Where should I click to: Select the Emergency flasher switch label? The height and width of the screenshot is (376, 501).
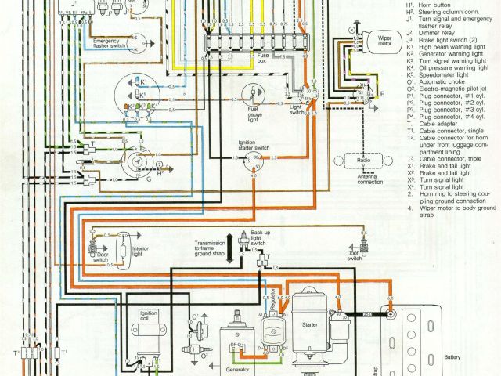(x=111, y=43)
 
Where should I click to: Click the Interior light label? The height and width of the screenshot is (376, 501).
(x=142, y=251)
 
